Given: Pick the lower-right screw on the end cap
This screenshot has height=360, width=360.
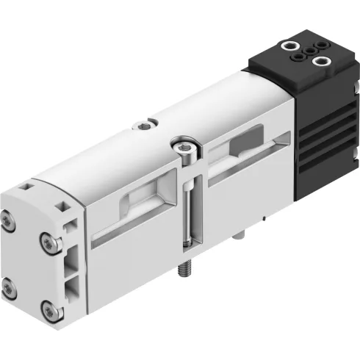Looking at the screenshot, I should [48, 308].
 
